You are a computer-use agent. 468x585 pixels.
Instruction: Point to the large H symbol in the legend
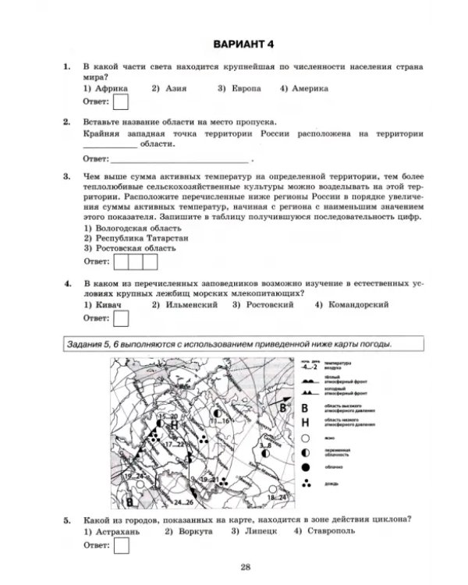pyautogui.click(x=305, y=422)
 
